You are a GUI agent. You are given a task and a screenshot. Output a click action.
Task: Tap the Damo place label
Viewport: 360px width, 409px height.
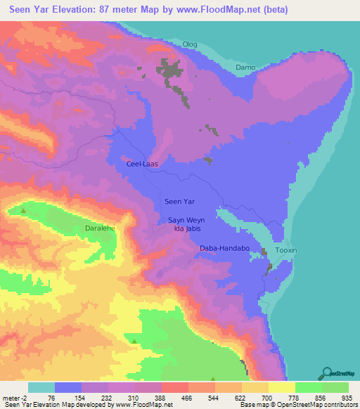pyautogui.click(x=245, y=67)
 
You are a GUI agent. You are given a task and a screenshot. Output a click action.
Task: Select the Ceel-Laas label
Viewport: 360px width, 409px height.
pyautogui.click(x=141, y=164)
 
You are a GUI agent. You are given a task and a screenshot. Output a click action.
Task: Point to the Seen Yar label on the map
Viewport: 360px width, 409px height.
pyautogui.click(x=179, y=202)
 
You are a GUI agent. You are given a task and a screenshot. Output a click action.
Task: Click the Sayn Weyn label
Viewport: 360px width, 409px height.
pyautogui.click(x=186, y=220)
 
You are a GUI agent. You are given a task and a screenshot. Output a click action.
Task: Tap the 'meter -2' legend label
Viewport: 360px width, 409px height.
pyautogui.click(x=13, y=398)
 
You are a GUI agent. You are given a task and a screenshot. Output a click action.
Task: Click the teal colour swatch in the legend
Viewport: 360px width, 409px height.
pyautogui.click(x=41, y=387)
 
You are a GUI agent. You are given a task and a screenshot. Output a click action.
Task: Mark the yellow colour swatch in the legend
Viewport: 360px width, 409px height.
pyautogui.click(x=282, y=387)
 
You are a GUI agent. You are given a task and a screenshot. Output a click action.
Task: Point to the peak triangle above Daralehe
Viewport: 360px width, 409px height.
pyautogui.click(x=23, y=210)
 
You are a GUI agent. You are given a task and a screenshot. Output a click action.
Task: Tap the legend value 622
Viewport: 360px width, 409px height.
pyautogui.click(x=229, y=398)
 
